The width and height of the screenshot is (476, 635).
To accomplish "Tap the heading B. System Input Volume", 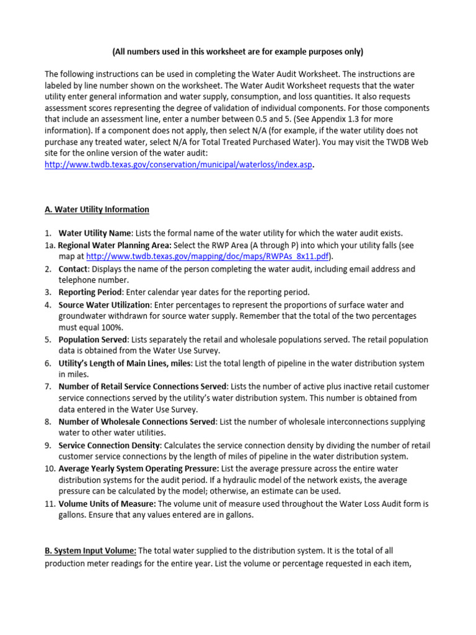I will coord(90,551).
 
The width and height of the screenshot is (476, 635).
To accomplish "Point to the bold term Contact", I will coord(73,269).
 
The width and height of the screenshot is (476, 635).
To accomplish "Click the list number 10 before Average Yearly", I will coord(49,468).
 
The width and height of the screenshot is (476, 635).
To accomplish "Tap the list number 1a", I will coord(49,246).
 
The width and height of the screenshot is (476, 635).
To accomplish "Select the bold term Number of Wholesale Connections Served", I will coord(136,422).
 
